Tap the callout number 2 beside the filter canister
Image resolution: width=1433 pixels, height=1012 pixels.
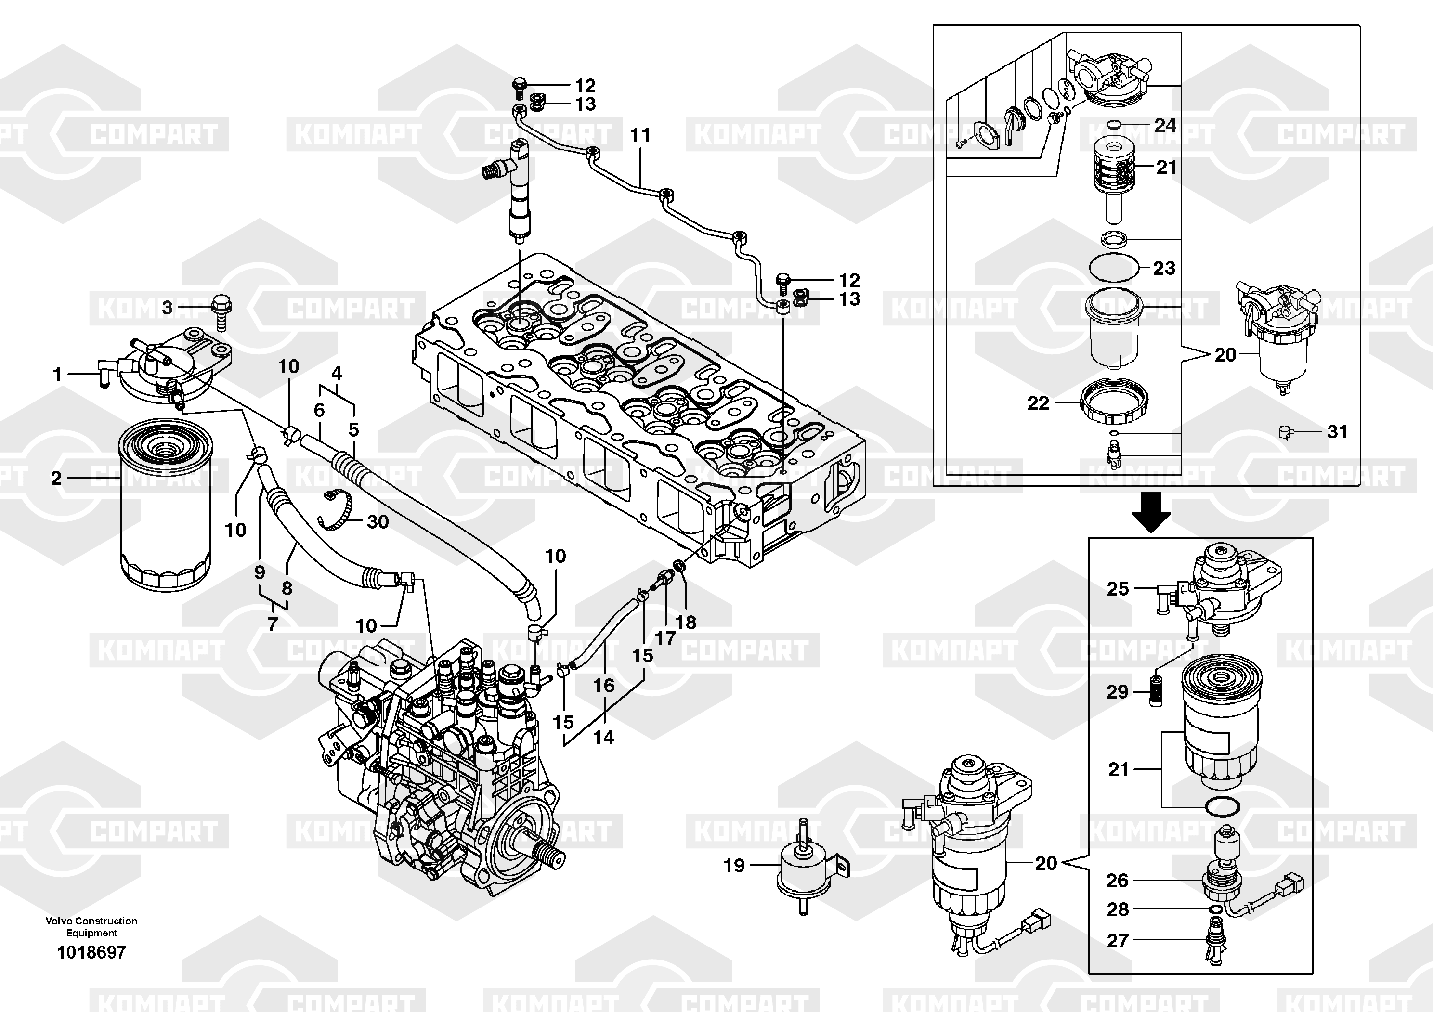tap(56, 479)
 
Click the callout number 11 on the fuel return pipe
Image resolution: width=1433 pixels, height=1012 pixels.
tap(640, 135)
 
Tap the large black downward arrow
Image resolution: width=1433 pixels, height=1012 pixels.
tap(1151, 512)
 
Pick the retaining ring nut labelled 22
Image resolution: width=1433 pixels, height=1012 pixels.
tap(1114, 403)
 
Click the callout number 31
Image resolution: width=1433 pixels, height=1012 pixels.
tap(1337, 432)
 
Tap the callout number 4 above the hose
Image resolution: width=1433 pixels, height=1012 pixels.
tap(337, 374)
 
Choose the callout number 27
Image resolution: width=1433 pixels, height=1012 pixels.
tap(1117, 940)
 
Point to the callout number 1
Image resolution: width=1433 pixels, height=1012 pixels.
tap(57, 375)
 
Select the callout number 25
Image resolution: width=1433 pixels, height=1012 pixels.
tap(1118, 588)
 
